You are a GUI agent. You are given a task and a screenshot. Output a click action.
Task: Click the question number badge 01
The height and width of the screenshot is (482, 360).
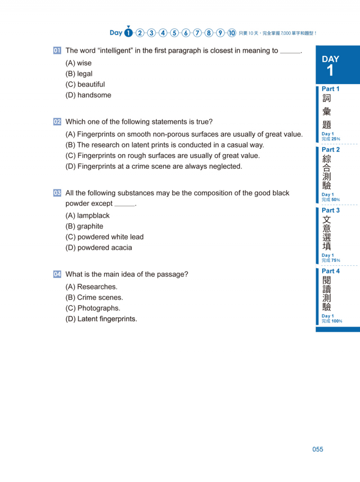coord(57,51)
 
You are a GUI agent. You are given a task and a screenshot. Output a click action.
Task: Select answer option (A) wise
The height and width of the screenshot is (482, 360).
coord(78,63)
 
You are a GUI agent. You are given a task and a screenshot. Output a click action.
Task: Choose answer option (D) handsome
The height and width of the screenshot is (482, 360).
coord(88,95)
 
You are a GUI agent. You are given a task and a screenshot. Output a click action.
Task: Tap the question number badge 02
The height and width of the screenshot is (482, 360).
coord(57,122)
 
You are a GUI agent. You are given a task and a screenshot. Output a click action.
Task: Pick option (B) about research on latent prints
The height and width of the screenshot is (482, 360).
coord(165,145)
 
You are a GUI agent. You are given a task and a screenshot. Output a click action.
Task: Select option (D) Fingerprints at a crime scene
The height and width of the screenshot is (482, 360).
coord(153,166)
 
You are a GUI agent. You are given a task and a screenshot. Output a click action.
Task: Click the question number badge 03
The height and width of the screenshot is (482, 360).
coord(57,193)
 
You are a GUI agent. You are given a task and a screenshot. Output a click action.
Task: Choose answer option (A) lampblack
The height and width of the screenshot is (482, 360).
coord(87,215)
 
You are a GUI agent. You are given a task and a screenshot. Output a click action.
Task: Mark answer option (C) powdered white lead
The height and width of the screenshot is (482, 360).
coord(104,237)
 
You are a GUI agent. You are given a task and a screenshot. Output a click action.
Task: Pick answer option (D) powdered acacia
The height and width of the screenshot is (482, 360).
coord(99,248)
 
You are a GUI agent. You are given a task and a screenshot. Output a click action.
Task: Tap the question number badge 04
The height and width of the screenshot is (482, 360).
coord(57,274)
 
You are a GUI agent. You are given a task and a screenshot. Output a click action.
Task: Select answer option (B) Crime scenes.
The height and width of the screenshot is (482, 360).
coord(94,297)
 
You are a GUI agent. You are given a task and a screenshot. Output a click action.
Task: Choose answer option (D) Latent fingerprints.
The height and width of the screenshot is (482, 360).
coord(101,319)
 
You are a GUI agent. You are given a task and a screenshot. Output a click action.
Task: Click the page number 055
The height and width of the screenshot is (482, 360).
coord(318,449)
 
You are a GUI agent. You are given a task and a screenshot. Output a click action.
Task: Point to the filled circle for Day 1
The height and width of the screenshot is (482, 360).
coord(129,33)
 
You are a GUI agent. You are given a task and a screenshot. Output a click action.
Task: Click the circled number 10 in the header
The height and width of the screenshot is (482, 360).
coord(232,33)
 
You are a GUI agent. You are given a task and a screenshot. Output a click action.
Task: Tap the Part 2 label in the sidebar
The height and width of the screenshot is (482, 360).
coord(331,150)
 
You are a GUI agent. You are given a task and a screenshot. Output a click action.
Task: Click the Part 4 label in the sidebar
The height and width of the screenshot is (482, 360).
coord(331,271)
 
